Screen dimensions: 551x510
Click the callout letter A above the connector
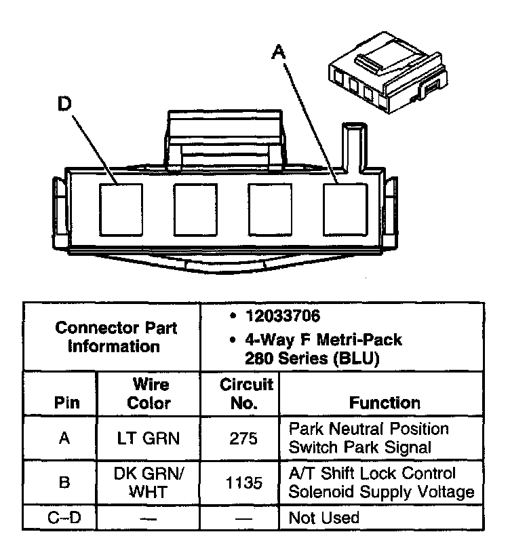[277, 51]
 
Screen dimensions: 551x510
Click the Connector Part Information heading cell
[113, 337]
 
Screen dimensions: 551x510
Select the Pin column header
[65, 402]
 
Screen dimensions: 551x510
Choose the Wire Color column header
[149, 394]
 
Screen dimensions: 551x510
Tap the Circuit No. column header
[246, 394]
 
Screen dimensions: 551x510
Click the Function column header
[384, 402]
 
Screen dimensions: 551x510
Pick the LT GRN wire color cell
[149, 438]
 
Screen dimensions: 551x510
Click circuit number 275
[243, 438]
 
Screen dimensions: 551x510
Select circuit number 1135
[243, 482]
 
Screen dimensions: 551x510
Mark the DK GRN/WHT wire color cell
[149, 482]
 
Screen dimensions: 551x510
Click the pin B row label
[64, 482]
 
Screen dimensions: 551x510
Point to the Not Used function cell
[323, 518]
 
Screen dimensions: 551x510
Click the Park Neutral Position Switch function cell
[368, 438]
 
